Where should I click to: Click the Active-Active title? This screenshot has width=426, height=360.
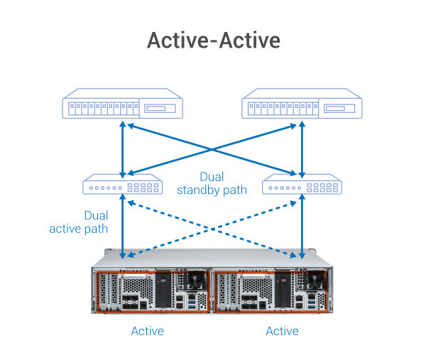click(213, 40)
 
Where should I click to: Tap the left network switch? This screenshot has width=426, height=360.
click(123, 187)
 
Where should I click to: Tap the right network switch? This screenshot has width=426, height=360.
click(303, 187)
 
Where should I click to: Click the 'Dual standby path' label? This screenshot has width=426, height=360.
click(212, 183)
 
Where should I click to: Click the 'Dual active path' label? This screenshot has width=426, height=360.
click(79, 222)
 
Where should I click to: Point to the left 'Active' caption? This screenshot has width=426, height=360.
click(148, 331)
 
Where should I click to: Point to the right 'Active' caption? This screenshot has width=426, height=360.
click(282, 331)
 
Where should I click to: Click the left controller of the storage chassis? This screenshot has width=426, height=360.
click(152, 291)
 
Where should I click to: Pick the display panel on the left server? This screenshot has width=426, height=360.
click(160, 109)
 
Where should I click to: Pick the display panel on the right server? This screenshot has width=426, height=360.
click(340, 109)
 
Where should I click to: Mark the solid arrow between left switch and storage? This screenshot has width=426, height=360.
click(124, 227)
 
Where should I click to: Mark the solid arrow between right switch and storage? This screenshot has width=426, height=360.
click(303, 227)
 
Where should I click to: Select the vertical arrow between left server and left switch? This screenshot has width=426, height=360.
click(123, 148)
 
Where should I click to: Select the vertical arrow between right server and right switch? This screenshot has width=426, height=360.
click(303, 148)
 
